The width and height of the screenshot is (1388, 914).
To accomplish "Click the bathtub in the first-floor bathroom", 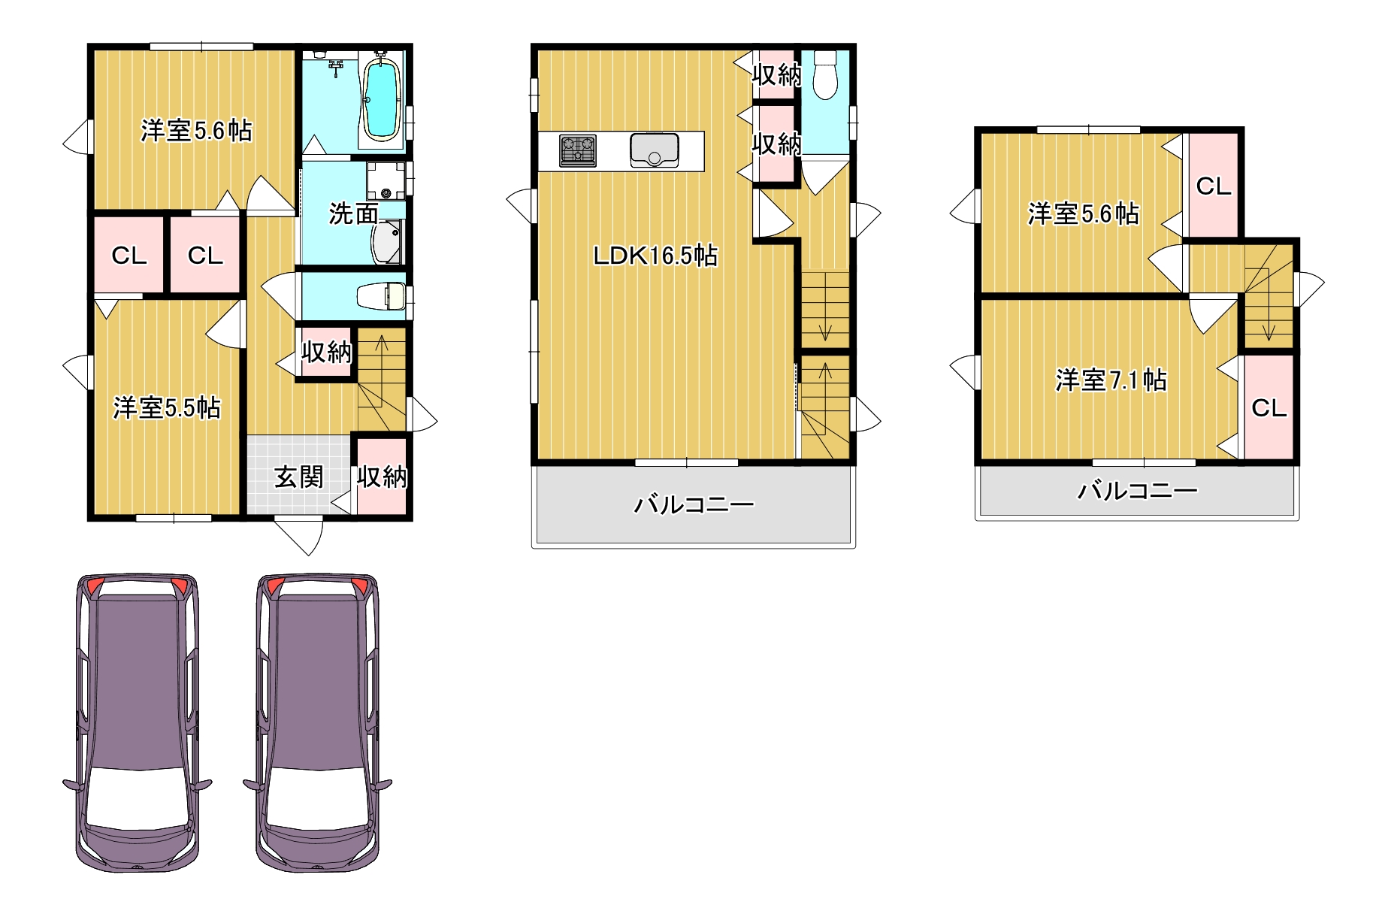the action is [x=381, y=100].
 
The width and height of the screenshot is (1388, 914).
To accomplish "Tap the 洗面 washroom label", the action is [x=353, y=214].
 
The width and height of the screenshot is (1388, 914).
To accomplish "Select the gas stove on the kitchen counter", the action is [x=578, y=150].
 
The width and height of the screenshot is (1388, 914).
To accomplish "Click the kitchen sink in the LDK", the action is [x=655, y=150].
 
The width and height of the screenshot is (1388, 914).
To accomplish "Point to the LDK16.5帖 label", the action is [x=655, y=256].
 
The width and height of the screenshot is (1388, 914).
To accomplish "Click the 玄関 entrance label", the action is [x=298, y=477].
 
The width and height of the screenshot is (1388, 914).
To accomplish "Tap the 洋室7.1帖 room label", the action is [x=1111, y=380].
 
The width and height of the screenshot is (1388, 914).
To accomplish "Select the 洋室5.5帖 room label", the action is [x=167, y=407].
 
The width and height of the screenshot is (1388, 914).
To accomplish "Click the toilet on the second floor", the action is [x=825, y=75].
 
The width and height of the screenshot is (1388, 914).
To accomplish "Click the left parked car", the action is [x=138, y=723].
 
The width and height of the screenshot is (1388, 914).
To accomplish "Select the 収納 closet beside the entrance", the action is [x=382, y=476].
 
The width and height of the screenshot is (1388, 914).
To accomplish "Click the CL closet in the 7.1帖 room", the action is [x=1269, y=407].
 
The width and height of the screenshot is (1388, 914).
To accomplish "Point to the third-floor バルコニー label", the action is [x=1138, y=491].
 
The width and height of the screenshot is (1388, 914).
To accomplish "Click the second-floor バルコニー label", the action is [x=694, y=504].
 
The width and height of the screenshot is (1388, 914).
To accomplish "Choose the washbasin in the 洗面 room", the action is [x=388, y=242].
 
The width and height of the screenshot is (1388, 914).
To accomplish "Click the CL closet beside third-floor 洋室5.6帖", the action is [x=1213, y=185].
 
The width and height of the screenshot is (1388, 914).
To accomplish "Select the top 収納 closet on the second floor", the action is [x=776, y=74].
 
